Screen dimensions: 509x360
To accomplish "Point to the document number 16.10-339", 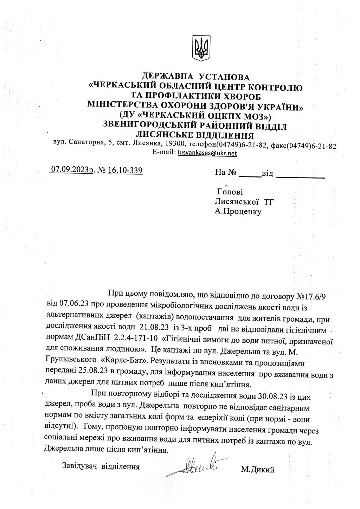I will click(125, 170).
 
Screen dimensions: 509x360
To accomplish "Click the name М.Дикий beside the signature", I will click(258, 469).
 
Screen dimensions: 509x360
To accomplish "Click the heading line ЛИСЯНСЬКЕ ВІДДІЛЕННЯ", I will click(195, 135).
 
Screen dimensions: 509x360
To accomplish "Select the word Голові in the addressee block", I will click(230, 192).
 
